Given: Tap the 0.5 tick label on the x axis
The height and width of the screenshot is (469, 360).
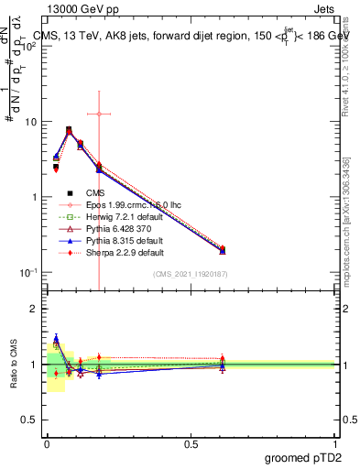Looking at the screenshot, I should [191, 442].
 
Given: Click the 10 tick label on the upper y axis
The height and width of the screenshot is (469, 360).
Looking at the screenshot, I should [29, 122].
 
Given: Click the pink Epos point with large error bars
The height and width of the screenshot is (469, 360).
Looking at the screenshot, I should [98, 114].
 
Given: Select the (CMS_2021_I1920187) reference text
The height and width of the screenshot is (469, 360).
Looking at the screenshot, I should [189, 275].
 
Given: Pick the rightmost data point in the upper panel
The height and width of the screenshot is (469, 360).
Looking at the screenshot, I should [223, 250].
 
